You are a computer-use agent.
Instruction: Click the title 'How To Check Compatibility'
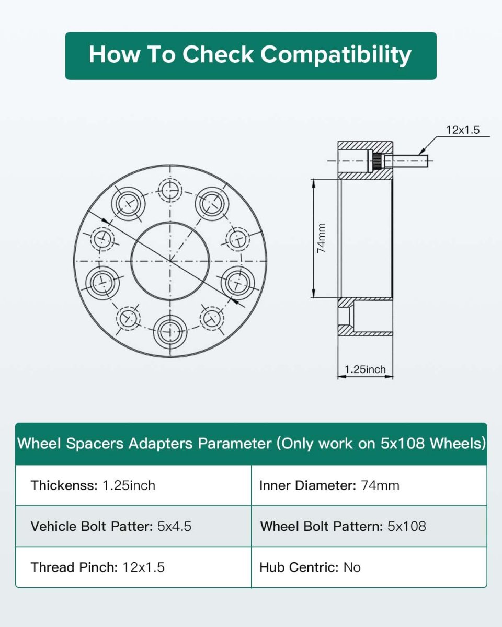250,54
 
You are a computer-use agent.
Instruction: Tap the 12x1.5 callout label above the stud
463,130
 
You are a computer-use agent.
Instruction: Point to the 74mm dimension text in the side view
321,238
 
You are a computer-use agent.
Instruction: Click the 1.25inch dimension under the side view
365,369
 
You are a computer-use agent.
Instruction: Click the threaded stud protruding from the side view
405,161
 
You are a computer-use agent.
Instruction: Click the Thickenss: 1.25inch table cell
133,485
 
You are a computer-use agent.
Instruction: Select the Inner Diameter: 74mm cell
369,485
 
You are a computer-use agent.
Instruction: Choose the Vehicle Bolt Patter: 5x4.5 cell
133,526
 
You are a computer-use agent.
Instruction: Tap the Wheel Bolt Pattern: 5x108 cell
369,526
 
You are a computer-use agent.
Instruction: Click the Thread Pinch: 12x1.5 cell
133,567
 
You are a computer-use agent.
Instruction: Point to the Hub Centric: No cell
369,567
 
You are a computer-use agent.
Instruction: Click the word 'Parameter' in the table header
234,444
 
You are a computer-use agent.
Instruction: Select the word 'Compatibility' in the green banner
336,55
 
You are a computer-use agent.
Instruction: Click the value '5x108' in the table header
402,443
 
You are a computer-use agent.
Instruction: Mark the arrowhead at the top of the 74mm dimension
314,183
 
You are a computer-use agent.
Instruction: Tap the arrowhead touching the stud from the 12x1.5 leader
421,152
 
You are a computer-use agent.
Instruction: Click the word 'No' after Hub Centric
352,567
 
